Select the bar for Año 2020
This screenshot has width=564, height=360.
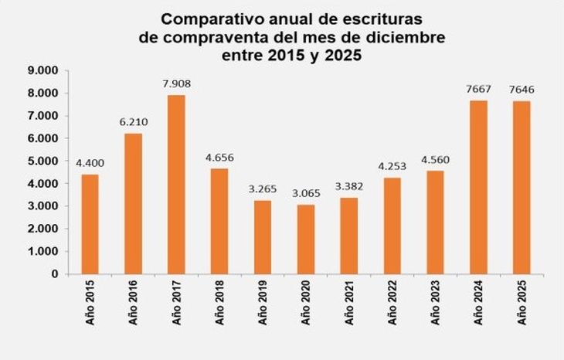pyautogui.click(x=307, y=239)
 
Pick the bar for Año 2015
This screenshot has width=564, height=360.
pyautogui.click(x=90, y=224)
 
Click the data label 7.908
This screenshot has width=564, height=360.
pyautogui.click(x=175, y=83)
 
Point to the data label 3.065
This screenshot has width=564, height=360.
pyautogui.click(x=307, y=193)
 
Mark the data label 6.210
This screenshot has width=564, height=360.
pyautogui.click(x=132, y=122)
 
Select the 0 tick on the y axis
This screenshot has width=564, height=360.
pyautogui.click(x=54, y=273)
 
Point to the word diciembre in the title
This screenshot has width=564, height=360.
pyautogui.click(x=397, y=36)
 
